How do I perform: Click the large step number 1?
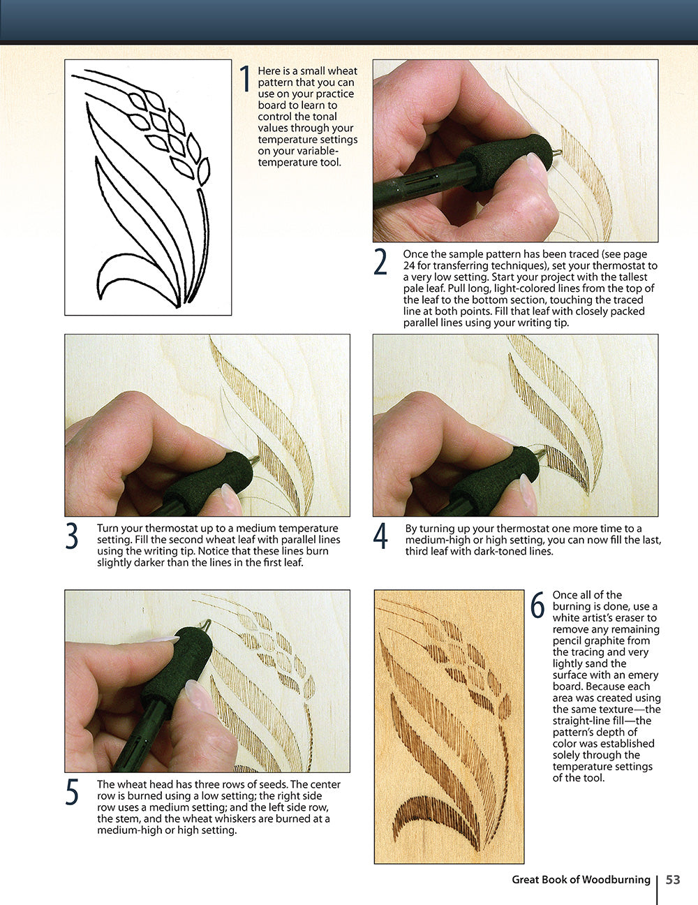[x=245, y=78]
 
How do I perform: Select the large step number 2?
[x=380, y=262]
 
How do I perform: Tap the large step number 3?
[x=72, y=536]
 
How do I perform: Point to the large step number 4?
[x=380, y=536]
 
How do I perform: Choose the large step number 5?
[x=72, y=792]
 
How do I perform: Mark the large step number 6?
[x=537, y=605]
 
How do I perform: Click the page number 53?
[x=673, y=880]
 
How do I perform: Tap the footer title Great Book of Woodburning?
[x=581, y=880]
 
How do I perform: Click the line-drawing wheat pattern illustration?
[x=148, y=187]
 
